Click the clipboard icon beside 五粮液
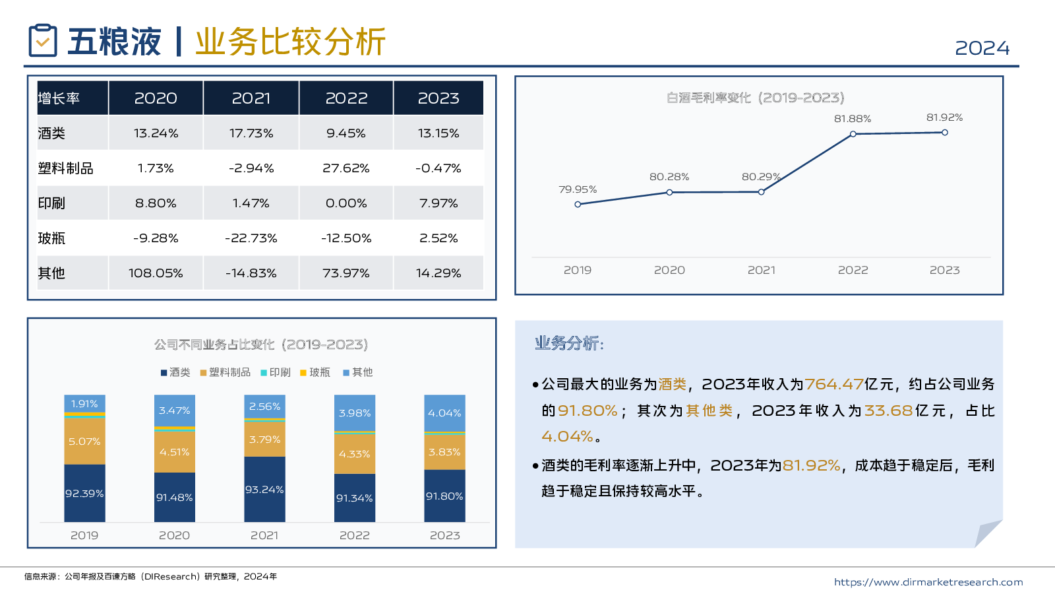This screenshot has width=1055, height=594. tap(43, 41)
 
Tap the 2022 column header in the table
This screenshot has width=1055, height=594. tap(346, 98)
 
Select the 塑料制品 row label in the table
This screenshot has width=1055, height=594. tap(65, 168)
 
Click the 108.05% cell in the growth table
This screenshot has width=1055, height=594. tap(156, 273)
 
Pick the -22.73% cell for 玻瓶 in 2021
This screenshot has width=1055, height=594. tap(251, 238)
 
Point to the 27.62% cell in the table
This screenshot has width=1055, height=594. tap(346, 168)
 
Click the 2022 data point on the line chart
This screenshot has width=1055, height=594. tap(853, 134)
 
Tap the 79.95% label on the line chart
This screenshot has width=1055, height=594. tap(578, 189)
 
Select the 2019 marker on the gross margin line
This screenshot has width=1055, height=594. tap(578, 205)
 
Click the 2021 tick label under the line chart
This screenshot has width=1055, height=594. tap(762, 270)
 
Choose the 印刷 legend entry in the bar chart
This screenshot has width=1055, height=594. tap(276, 372)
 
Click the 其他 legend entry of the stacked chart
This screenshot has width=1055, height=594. tap(358, 372)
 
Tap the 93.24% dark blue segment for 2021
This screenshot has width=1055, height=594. tap(264, 489)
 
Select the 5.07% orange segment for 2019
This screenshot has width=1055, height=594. tap(84, 442)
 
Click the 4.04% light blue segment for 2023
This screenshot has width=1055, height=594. tap(444, 413)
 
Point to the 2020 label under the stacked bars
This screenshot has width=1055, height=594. tap(174, 535)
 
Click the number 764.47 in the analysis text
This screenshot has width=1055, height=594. tap(834, 384)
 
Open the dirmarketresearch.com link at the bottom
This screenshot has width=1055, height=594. tap(928, 582)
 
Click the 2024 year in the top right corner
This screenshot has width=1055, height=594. tap(982, 48)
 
